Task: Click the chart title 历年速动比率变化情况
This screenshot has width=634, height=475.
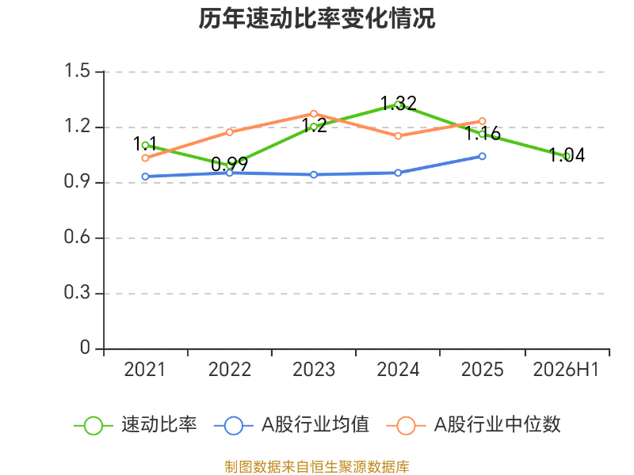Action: (x=316, y=18)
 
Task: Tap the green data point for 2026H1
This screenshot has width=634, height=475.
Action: (x=567, y=156)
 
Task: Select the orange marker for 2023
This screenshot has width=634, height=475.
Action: (x=314, y=114)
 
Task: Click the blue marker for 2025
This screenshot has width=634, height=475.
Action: (x=482, y=156)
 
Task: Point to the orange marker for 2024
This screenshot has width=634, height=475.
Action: (x=398, y=135)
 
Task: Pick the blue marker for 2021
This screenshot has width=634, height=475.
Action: (x=145, y=177)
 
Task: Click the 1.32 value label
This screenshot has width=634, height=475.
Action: (x=399, y=104)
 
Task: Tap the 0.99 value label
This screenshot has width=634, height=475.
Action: (x=229, y=164)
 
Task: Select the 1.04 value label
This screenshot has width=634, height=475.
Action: (x=567, y=155)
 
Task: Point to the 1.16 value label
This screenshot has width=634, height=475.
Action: (x=483, y=133)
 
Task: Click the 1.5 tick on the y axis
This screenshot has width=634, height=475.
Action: (x=77, y=70)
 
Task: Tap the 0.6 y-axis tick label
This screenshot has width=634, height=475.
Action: (x=77, y=237)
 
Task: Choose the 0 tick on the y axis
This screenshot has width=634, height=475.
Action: (x=85, y=348)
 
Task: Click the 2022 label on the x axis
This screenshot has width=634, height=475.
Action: (x=230, y=370)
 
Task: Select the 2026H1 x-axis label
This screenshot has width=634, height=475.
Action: (x=566, y=370)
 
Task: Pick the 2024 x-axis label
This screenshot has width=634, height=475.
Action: (x=399, y=370)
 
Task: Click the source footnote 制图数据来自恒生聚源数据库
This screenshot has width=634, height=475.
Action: (x=317, y=467)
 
